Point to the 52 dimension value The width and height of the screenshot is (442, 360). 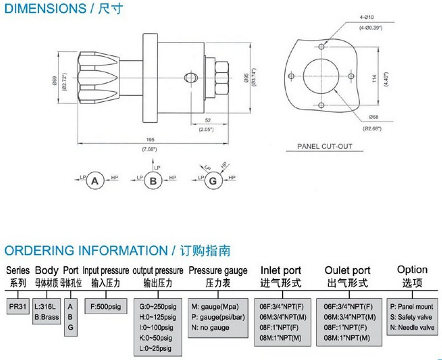[x=208, y=120]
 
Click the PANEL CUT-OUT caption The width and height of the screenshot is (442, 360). [x=324, y=147]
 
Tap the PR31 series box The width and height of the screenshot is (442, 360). [x=15, y=306]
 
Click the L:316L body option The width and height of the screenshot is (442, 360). [x=46, y=306]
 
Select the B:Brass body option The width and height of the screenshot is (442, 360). [x=46, y=317]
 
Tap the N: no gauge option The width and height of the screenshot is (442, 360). [x=211, y=327]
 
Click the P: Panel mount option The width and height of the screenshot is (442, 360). [x=412, y=306]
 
